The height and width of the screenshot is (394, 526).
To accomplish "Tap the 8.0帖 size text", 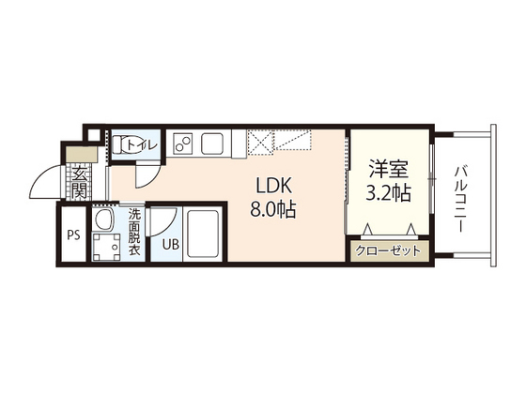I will point(273,209).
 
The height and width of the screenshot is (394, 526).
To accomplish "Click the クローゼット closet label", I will point(389,250).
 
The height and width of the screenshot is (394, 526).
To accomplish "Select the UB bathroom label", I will point(171,245).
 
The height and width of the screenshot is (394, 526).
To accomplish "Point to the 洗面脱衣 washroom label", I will point(136,232).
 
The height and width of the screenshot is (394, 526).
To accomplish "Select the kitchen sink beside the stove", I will point(212,144).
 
